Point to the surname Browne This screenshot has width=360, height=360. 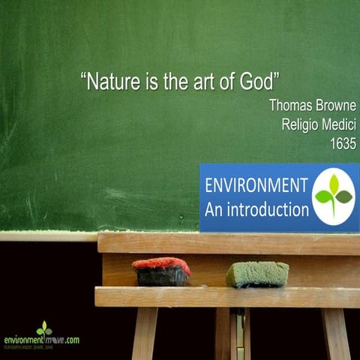click(x=335, y=105)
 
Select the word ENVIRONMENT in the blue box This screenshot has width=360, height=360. click(x=256, y=186)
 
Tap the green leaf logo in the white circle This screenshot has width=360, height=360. click(x=333, y=196)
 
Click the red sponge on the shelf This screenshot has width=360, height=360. click(x=160, y=265)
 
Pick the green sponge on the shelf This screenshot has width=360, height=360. click(x=257, y=274)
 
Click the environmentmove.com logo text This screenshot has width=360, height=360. click(x=41, y=340)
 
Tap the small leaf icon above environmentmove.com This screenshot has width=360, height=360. click(x=45, y=328)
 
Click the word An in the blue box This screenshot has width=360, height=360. click(x=214, y=208)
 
